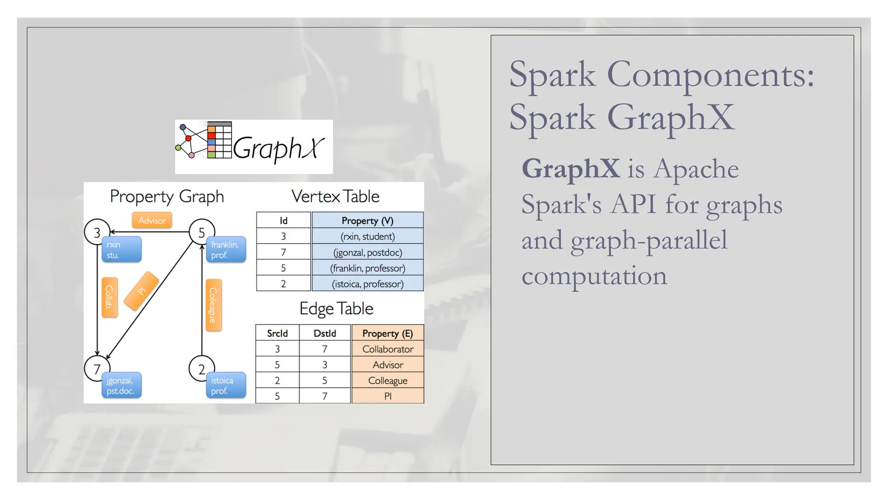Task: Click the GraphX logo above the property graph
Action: pos(254,147)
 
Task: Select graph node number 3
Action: pos(97,232)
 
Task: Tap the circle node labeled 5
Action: pos(201,232)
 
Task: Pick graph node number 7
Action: pos(97,368)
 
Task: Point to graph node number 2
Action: pos(201,368)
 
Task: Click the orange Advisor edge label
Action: pos(152,220)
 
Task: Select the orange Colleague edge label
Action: pos(213,305)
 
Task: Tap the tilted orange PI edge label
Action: pos(141,291)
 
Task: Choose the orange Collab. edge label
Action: pos(109,297)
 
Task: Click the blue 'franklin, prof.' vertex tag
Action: pos(226,250)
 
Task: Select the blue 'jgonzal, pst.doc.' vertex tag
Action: pos(121,385)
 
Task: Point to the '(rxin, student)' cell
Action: pos(367,237)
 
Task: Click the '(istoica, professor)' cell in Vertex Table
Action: pos(367,284)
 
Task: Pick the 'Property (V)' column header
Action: pos(367,220)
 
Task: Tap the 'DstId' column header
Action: pos(325,333)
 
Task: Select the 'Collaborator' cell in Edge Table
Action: pos(388,349)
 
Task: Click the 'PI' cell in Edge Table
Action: pos(388,396)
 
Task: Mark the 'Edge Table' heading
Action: pos(336,309)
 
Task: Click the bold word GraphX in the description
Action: pos(571,168)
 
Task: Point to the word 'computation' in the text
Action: pos(594,276)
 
